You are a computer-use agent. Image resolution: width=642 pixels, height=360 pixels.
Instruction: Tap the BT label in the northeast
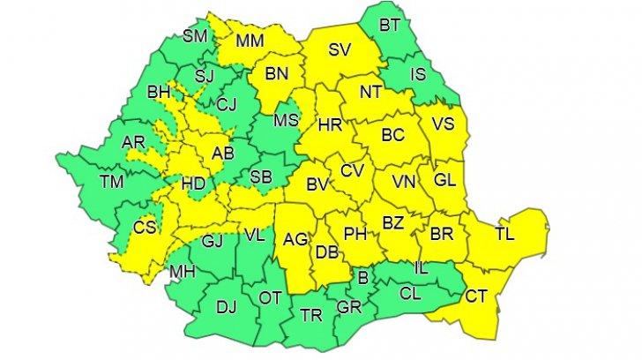(389, 27)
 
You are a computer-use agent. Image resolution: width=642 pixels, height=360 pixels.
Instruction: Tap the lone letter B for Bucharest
(362, 280)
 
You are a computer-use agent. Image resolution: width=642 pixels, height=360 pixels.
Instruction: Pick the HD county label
(194, 185)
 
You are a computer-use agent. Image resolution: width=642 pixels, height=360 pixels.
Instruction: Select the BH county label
(159, 91)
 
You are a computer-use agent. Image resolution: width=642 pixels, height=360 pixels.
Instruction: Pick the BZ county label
(392, 222)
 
